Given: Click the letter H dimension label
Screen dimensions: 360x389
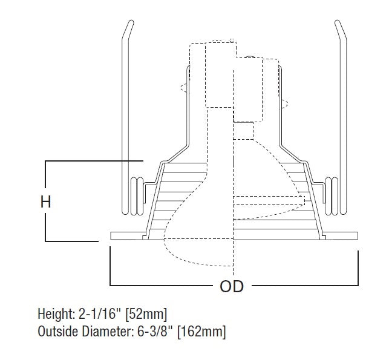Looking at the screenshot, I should click(x=46, y=202).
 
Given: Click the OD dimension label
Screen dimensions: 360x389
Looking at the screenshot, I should click(x=231, y=286).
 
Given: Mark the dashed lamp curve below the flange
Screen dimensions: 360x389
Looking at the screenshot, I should click(x=194, y=260).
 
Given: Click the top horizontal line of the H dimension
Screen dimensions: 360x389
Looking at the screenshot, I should click(x=91, y=161).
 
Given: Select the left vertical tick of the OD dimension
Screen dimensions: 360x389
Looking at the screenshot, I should click(x=110, y=266).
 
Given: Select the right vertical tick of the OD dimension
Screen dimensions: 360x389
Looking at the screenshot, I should click(x=359, y=266).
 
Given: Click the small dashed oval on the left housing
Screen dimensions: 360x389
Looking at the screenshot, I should click(x=183, y=87).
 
